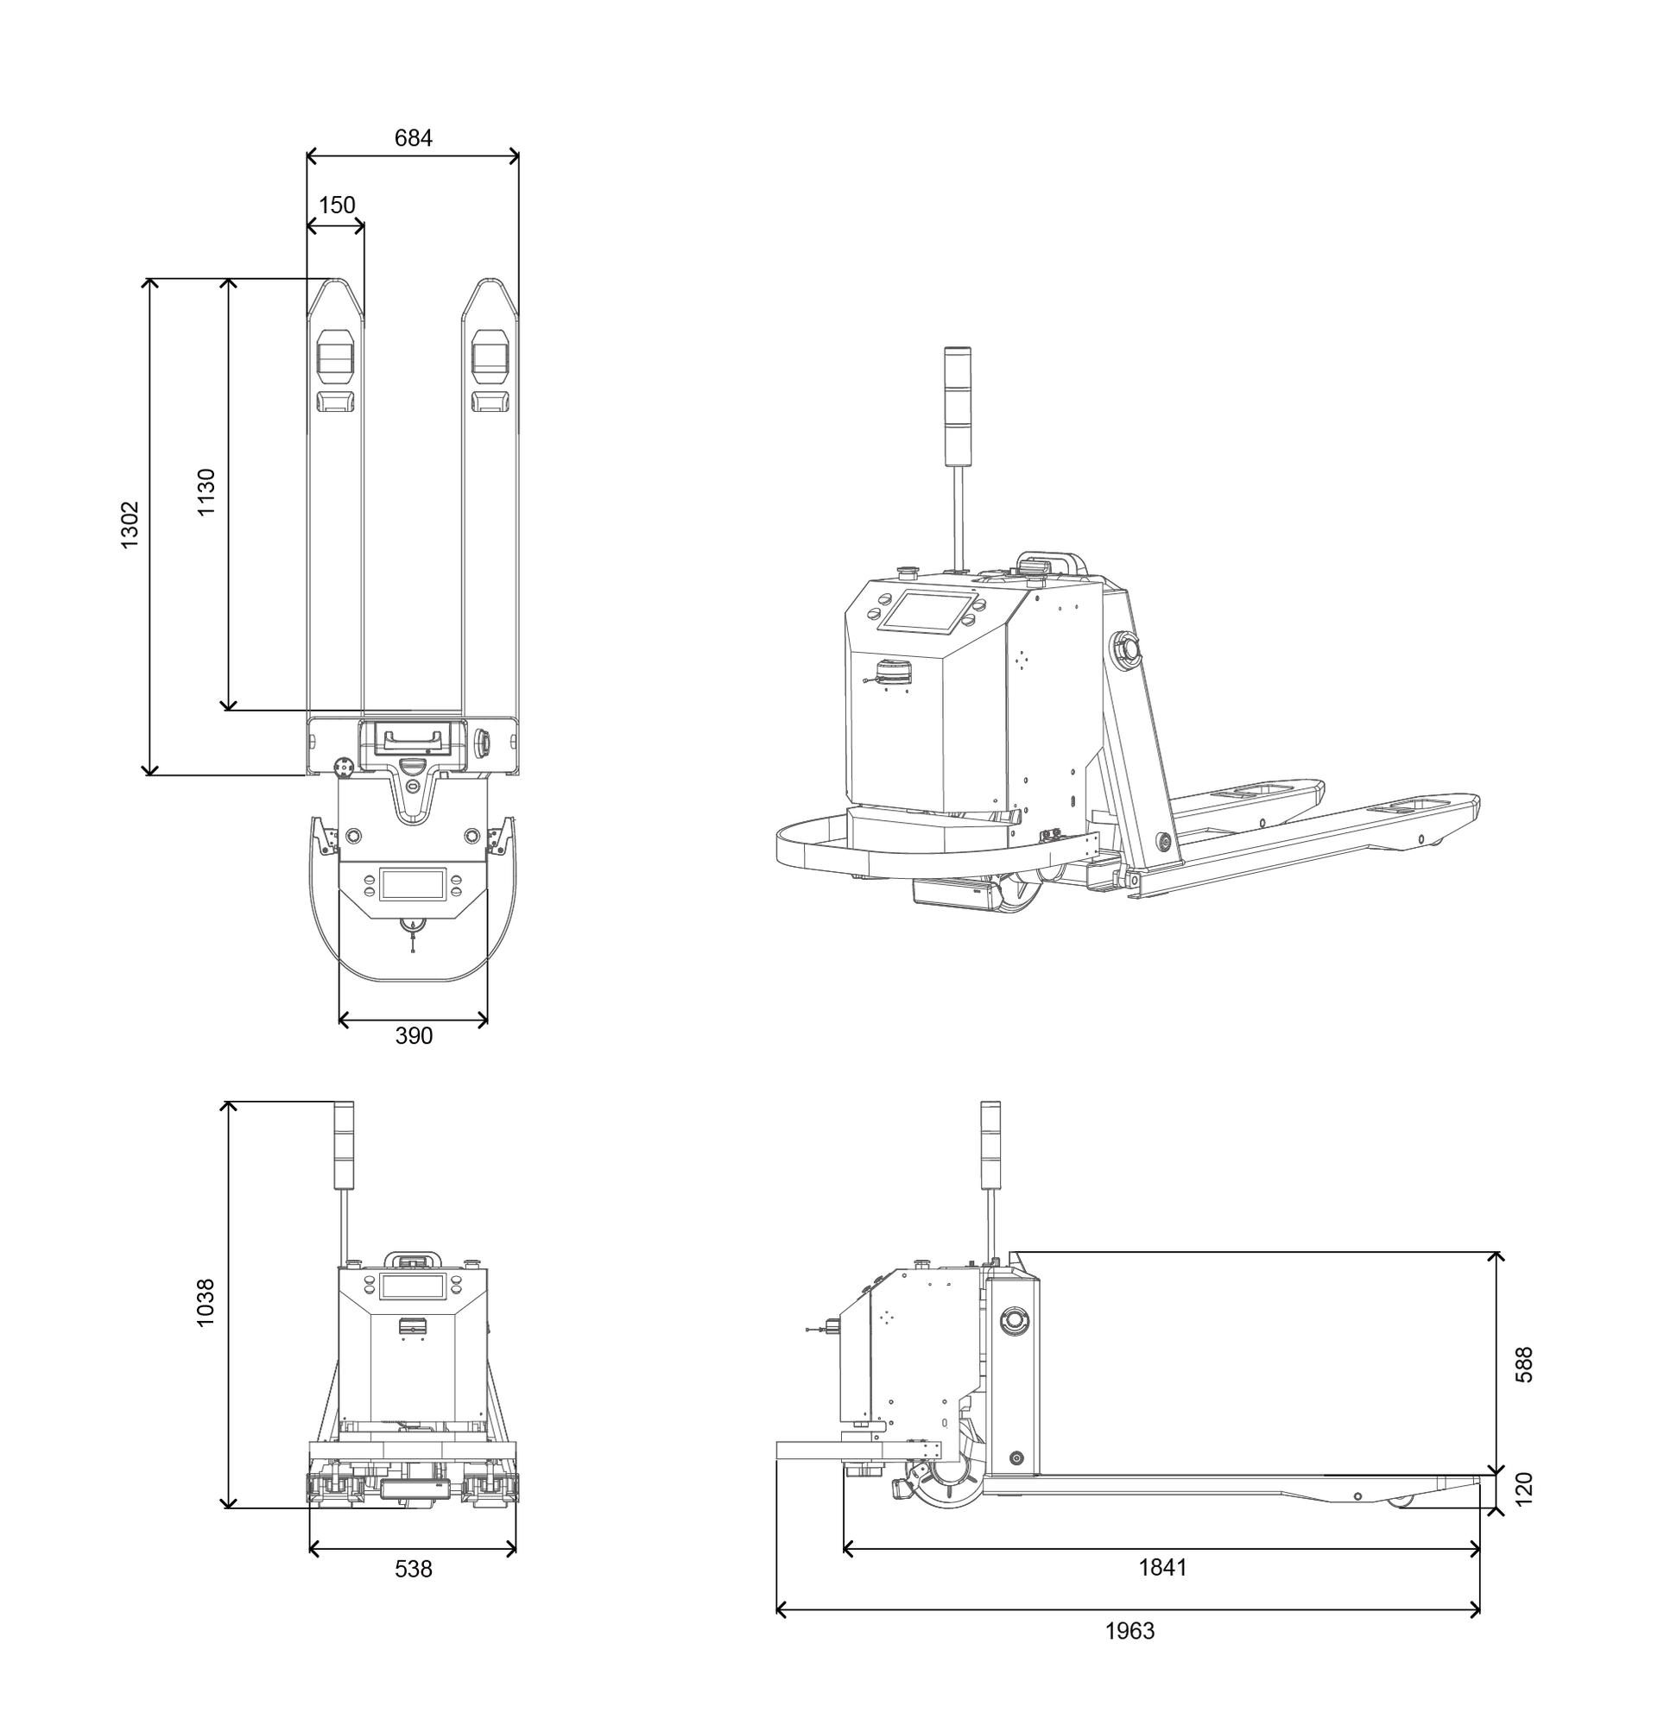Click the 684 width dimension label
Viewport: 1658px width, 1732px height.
click(x=413, y=138)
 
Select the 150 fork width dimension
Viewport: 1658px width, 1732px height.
click(x=337, y=205)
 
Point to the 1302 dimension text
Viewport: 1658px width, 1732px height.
click(x=130, y=525)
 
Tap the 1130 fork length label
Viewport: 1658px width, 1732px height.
click(x=206, y=492)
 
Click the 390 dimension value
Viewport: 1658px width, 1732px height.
click(x=414, y=1037)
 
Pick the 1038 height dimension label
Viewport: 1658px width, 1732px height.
click(x=205, y=1303)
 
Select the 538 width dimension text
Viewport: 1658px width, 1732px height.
click(x=414, y=1570)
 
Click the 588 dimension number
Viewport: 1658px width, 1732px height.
click(x=1523, y=1364)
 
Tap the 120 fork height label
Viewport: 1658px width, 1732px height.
click(x=1523, y=1489)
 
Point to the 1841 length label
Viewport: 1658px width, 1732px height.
click(x=1162, y=1568)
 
